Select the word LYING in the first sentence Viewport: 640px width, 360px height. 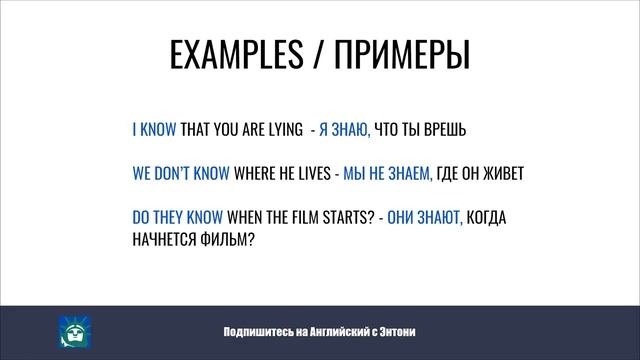point(281,130)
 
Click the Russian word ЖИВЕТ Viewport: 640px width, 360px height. point(501,174)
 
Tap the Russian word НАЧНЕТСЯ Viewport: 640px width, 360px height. point(166,239)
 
